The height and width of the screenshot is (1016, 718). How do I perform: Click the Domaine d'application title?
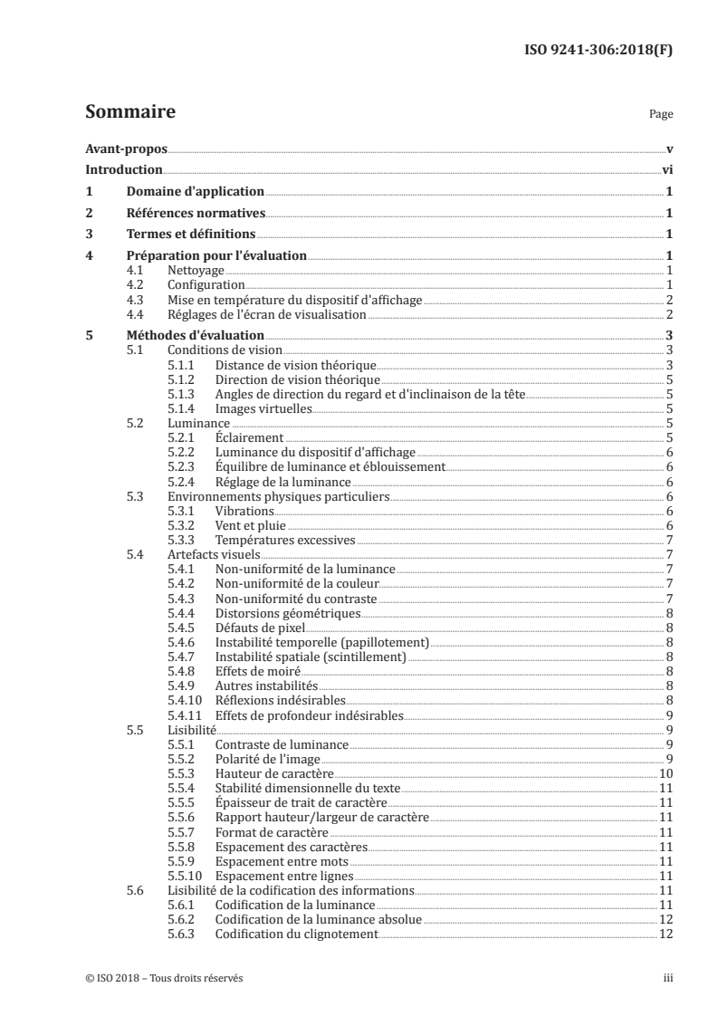(195, 192)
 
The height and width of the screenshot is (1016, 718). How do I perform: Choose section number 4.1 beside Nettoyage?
(136, 271)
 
